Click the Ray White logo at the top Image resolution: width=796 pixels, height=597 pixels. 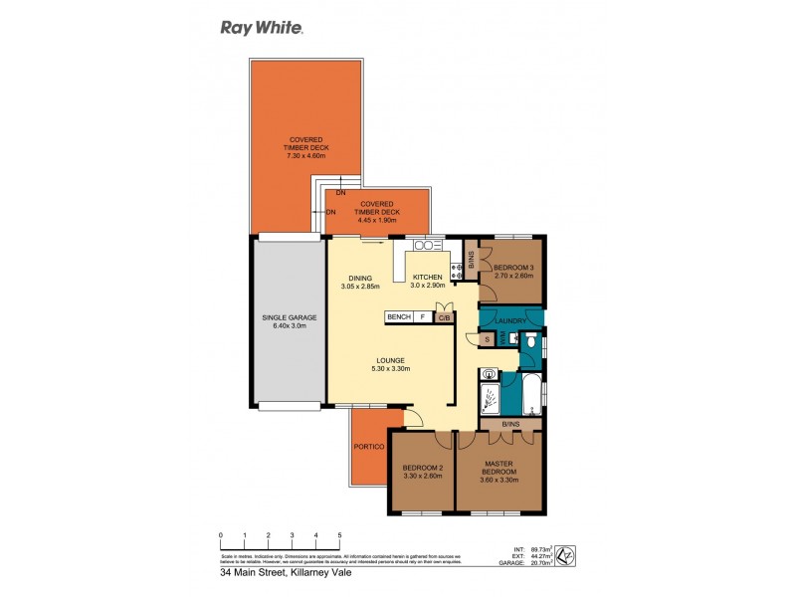tap(262, 28)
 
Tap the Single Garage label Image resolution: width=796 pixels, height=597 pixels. tap(288, 322)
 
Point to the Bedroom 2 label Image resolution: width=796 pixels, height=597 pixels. tap(422, 472)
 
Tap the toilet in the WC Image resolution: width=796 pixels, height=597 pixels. tap(532, 343)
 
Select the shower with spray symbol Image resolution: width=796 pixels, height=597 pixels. tap(490, 394)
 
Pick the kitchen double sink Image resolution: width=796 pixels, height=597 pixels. tap(428, 245)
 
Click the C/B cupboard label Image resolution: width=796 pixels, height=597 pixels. tap(443, 317)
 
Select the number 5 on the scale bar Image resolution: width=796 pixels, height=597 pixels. tap(339, 535)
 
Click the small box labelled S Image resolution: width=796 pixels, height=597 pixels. tap(487, 340)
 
